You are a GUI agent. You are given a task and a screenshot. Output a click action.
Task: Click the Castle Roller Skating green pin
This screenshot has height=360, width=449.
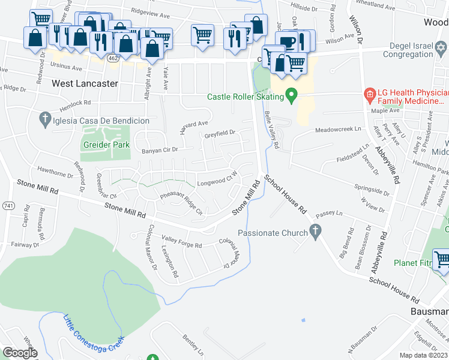(x=292, y=95)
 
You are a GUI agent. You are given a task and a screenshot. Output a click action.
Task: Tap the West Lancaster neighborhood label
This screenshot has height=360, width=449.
(x=85, y=83)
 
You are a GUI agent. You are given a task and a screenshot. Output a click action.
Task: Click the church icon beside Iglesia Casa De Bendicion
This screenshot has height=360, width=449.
(x=44, y=120)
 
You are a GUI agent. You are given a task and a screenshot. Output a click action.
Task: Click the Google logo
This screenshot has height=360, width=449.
(x=19, y=353)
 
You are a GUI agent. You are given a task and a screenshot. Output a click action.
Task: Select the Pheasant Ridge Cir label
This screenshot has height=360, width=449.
(x=181, y=198)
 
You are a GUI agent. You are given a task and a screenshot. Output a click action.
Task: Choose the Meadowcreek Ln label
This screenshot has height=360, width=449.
(x=340, y=130)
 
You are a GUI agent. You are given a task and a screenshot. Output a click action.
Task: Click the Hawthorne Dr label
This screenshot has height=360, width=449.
(x=55, y=173)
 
